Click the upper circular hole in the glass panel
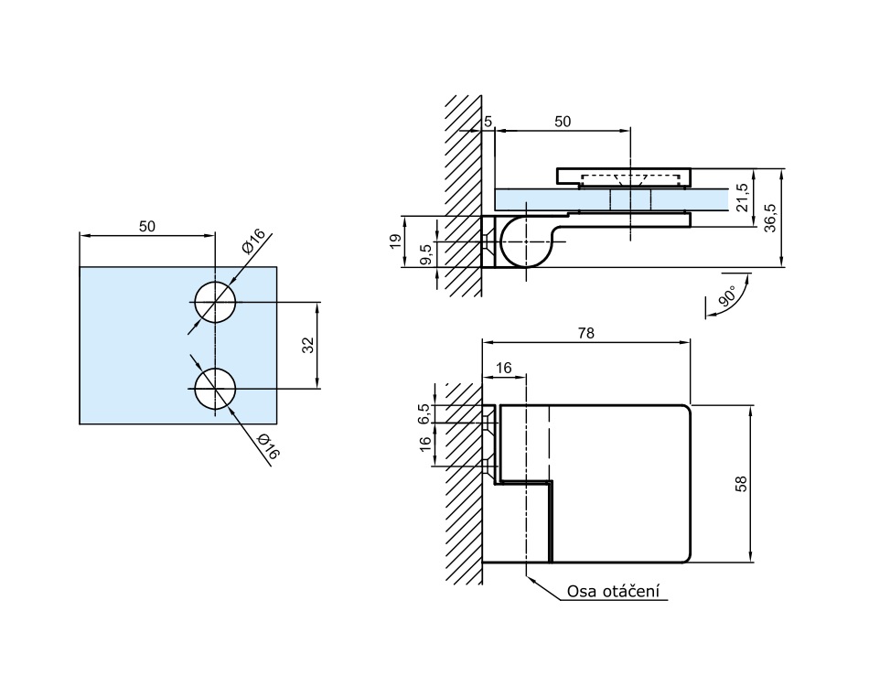pyautogui.click(x=215, y=302)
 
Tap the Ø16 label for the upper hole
pyautogui.click(x=253, y=241)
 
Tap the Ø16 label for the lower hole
pyautogui.click(x=267, y=446)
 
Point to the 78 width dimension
pyautogui.click(x=586, y=334)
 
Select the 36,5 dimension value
pyautogui.click(x=769, y=218)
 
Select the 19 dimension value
pyautogui.click(x=395, y=241)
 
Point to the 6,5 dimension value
pyautogui.click(x=423, y=413)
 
